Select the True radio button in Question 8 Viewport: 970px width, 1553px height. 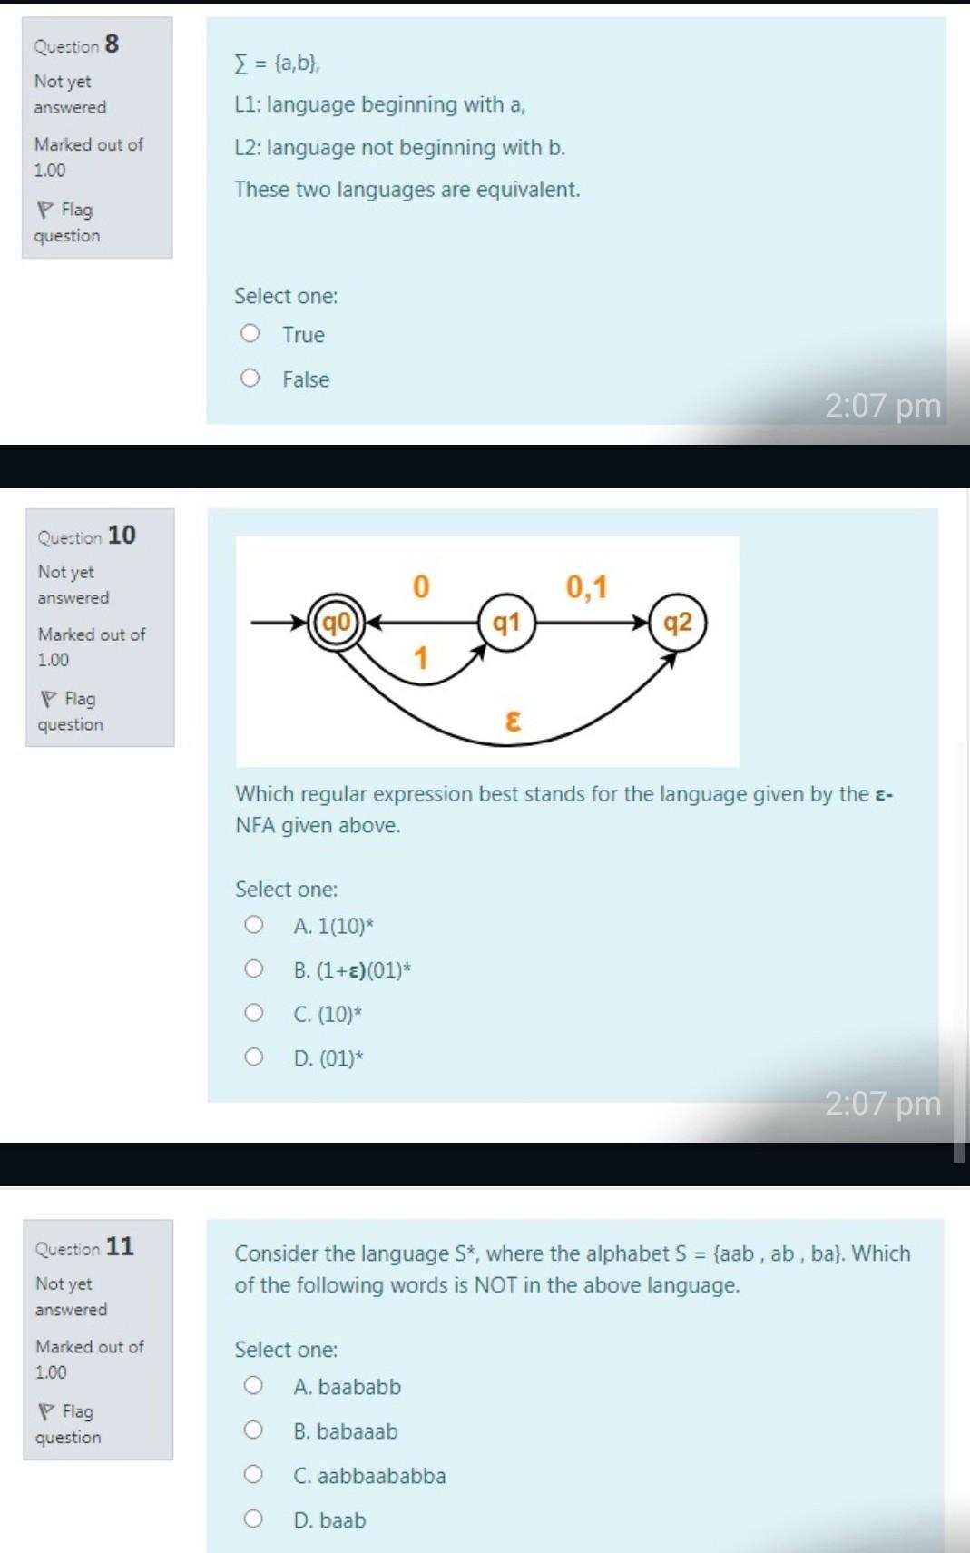[250, 334]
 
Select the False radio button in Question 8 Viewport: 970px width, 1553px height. [250, 378]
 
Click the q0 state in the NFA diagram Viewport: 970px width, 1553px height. [337, 624]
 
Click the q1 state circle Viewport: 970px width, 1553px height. [506, 623]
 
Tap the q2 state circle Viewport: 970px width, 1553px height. [678, 623]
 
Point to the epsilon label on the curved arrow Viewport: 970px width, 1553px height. [513, 722]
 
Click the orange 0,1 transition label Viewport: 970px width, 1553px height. [586, 587]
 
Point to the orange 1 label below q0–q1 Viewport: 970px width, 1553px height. [421, 658]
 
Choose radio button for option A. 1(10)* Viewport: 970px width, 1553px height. [254, 925]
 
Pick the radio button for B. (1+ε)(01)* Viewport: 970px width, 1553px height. [254, 968]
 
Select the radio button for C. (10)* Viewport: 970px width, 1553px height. [254, 1012]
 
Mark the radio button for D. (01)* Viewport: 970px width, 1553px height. [254, 1057]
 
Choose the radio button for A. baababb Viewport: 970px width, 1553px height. [253, 1385]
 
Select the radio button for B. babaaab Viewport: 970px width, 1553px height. [253, 1430]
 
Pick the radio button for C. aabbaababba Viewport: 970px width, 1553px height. [253, 1474]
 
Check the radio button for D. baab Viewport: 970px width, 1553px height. [253, 1519]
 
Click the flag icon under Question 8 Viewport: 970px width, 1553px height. [45, 211]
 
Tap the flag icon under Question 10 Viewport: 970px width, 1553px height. [49, 699]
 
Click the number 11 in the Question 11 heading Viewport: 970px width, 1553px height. [120, 1246]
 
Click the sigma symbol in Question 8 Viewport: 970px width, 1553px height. [240, 64]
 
